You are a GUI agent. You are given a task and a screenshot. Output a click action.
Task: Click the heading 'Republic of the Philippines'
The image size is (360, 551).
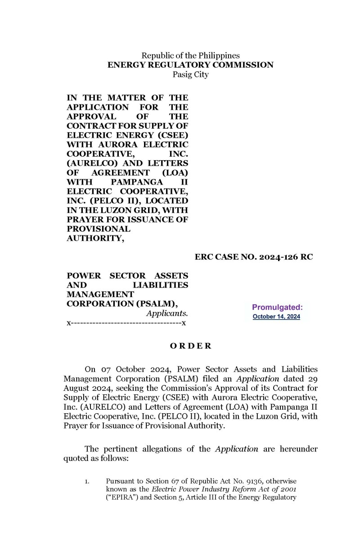(x=190, y=56)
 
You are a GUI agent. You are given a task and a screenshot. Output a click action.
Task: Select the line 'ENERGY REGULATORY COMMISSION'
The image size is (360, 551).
(x=190, y=65)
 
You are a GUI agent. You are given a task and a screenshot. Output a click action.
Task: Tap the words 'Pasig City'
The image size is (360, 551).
(x=190, y=75)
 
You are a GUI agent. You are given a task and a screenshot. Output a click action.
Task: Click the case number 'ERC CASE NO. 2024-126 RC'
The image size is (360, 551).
(x=254, y=257)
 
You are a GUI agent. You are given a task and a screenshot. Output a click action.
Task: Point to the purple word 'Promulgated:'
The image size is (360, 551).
(x=277, y=307)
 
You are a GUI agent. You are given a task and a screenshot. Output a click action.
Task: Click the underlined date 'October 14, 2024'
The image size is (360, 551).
(x=276, y=317)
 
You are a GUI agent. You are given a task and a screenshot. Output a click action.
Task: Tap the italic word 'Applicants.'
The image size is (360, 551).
(x=167, y=313)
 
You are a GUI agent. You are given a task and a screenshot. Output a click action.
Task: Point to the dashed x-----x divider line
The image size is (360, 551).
(x=127, y=323)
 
